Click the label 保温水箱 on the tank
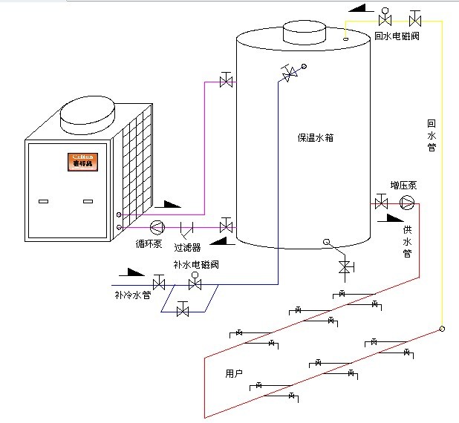pyautogui.click(x=316, y=137)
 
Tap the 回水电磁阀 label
pyautogui.click(x=396, y=36)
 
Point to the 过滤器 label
pyautogui.click(x=187, y=248)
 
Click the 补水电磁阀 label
pyautogui.click(x=196, y=265)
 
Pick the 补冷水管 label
pyautogui.click(x=133, y=295)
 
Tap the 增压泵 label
pyautogui.click(x=403, y=186)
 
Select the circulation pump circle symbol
pyautogui.click(x=157, y=226)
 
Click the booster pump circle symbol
pyautogui.click(x=407, y=203)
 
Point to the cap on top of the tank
pyautogui.click(x=304, y=32)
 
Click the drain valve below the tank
pyautogui.click(x=344, y=266)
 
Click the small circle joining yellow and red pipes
pyautogui.click(x=441, y=329)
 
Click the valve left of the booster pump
pyautogui.click(x=382, y=203)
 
